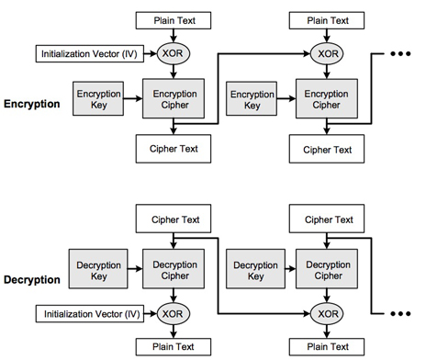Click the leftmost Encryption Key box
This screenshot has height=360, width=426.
(98, 99)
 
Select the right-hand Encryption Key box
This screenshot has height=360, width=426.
(252, 99)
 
